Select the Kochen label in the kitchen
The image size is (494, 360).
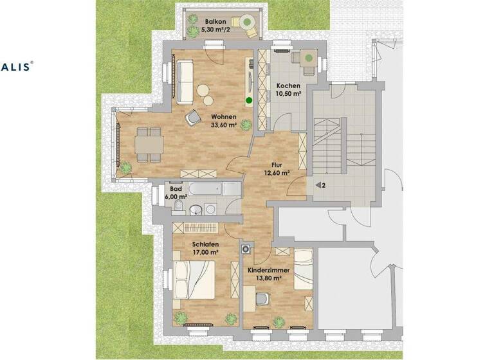[x=288, y=85]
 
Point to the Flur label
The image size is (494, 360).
[x=277, y=164]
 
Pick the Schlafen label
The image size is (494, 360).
[x=205, y=244]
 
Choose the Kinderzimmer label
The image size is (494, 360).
[x=269, y=271]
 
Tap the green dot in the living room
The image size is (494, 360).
[x=248, y=101]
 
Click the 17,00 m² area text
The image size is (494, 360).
[x=205, y=253]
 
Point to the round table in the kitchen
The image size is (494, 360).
[x=308, y=59]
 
